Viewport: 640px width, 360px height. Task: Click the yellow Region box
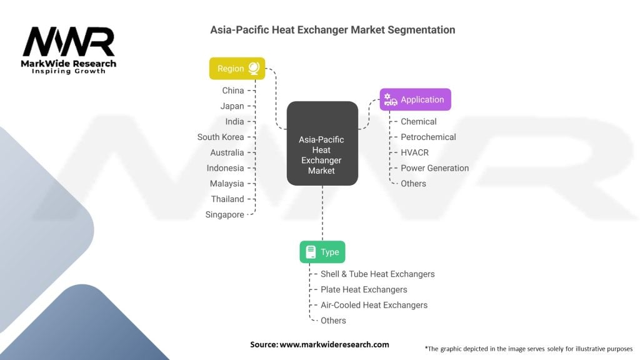pos(237,69)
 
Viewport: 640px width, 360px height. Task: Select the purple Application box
pos(415,99)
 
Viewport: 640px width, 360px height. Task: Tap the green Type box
pos(322,252)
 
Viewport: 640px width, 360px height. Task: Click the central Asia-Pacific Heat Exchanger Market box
pos(322,144)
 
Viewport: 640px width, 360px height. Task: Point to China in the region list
pos(233,91)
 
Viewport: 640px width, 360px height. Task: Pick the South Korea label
pos(221,137)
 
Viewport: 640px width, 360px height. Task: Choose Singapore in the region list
pos(225,214)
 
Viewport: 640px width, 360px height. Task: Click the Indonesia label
pos(226,168)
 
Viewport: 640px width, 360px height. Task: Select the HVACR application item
pos(414,152)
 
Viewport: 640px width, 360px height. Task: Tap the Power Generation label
pos(434,168)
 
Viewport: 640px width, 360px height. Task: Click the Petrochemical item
pos(428,137)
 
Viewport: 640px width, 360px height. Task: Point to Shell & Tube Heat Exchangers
pos(377,274)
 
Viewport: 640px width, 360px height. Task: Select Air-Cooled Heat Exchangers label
pos(374,305)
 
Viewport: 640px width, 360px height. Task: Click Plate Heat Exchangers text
pos(364,289)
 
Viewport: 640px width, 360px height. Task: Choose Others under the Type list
pos(333,321)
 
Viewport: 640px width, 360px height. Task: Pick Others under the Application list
pos(413,184)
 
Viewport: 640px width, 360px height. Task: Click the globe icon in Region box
pos(254,68)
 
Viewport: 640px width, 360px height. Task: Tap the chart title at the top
pos(332,29)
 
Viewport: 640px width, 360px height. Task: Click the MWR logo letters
pos(69,42)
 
